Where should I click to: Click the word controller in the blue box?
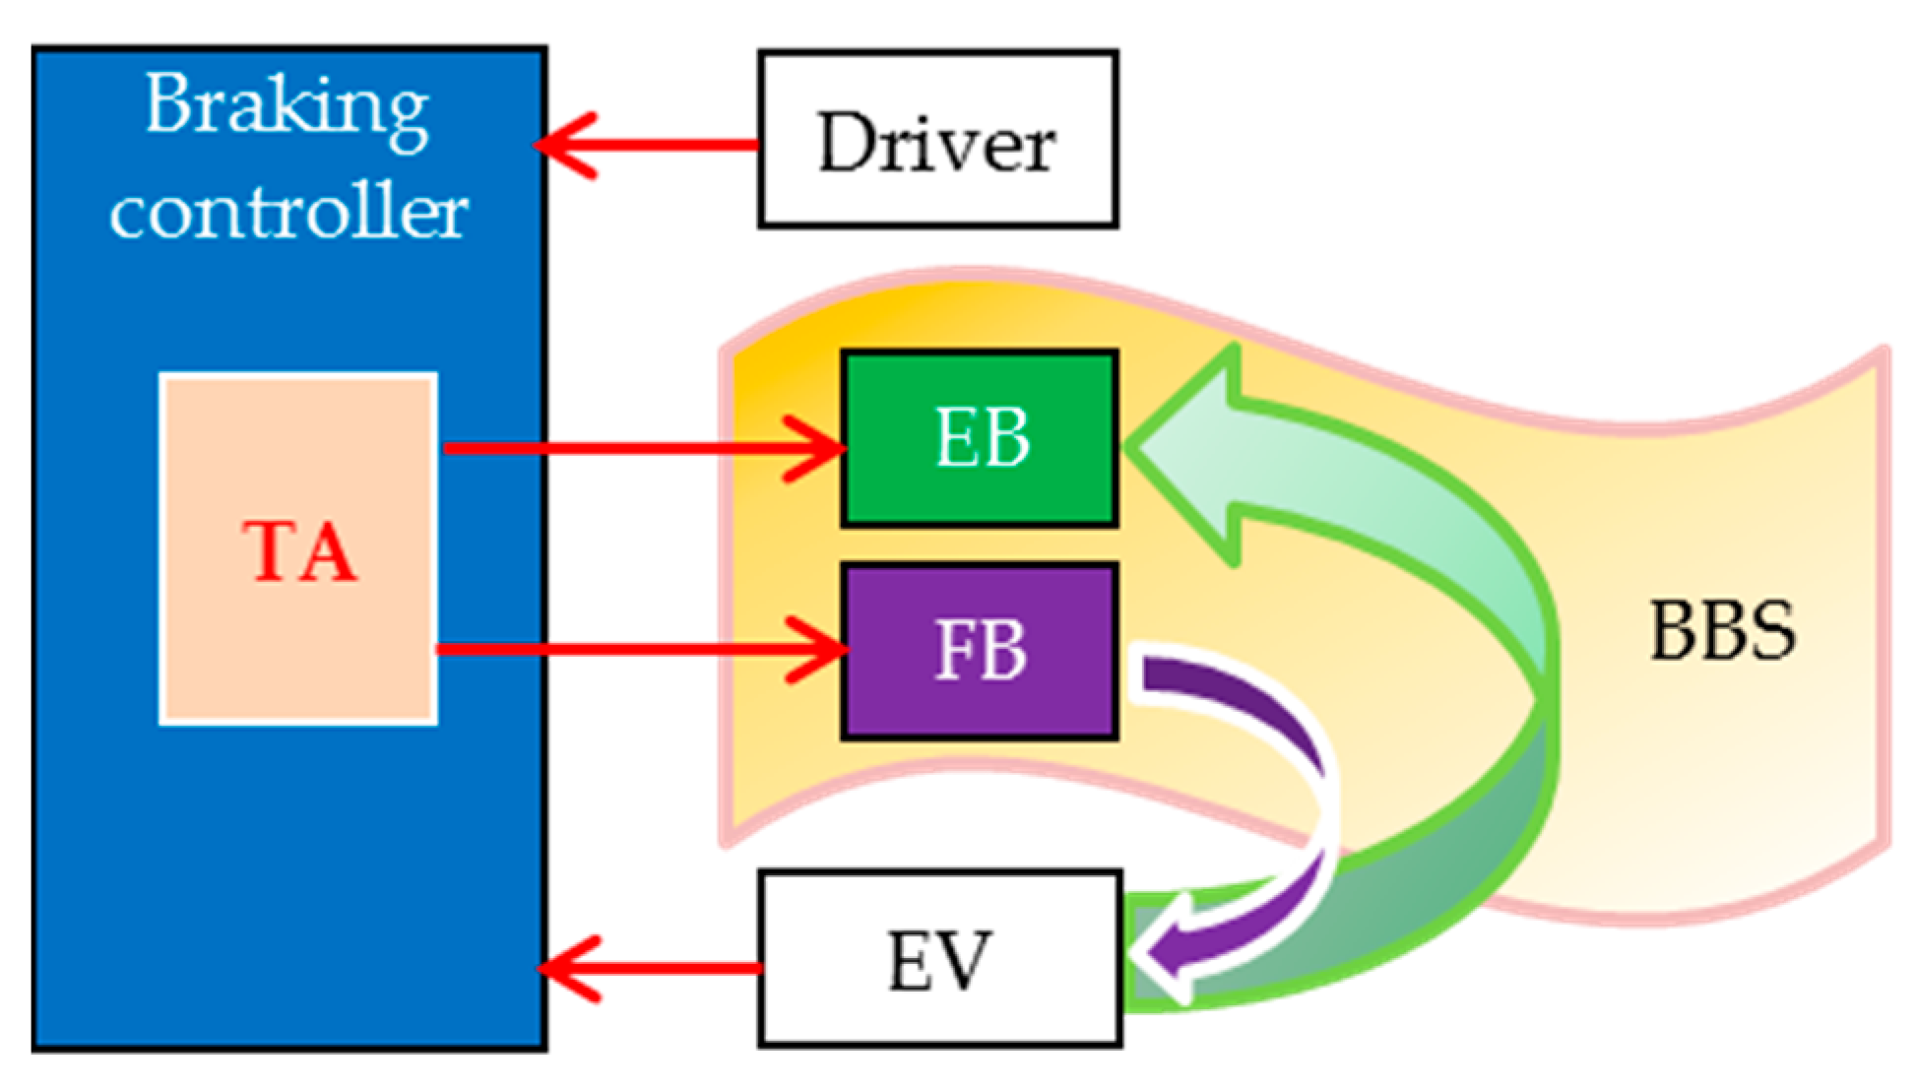[x=288, y=212]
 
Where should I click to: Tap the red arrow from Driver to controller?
[x=650, y=146]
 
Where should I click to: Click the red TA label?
[x=299, y=552]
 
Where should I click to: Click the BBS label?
[x=1722, y=631]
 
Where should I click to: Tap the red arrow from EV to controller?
[x=650, y=969]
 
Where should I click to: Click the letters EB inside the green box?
[x=982, y=438]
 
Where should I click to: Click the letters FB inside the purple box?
[x=980, y=650]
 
